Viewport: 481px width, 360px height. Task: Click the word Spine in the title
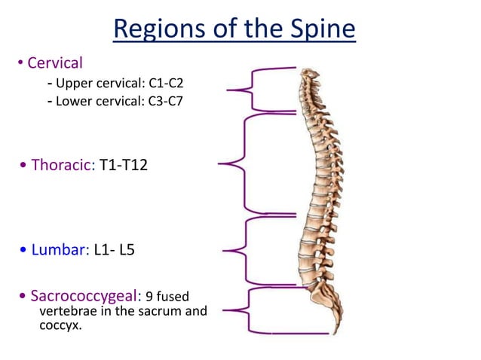pos(317,30)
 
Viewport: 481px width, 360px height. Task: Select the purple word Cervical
pos(55,63)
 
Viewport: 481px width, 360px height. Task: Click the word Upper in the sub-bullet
pos(74,82)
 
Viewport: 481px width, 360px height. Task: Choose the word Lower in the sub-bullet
pos(74,101)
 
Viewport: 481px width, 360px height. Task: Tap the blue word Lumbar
pos(57,249)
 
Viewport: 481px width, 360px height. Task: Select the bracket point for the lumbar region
pos(225,248)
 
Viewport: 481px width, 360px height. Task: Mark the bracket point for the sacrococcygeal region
pos(225,310)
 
